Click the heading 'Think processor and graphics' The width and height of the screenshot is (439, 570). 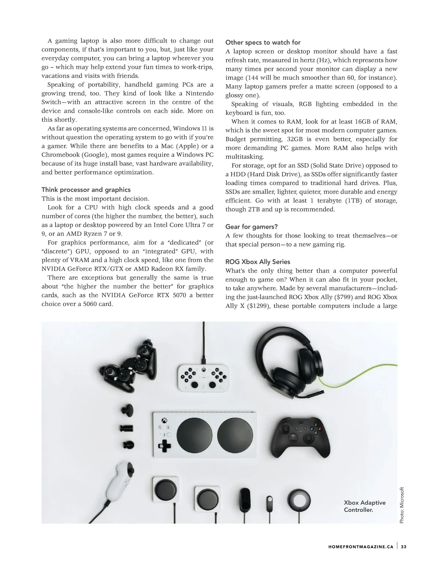(86, 190)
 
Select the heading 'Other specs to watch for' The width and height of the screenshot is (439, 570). (263, 42)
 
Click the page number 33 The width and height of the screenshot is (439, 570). (404, 547)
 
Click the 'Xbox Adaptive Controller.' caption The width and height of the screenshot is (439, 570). (364, 506)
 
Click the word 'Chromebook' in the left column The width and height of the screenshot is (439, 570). (60, 155)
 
